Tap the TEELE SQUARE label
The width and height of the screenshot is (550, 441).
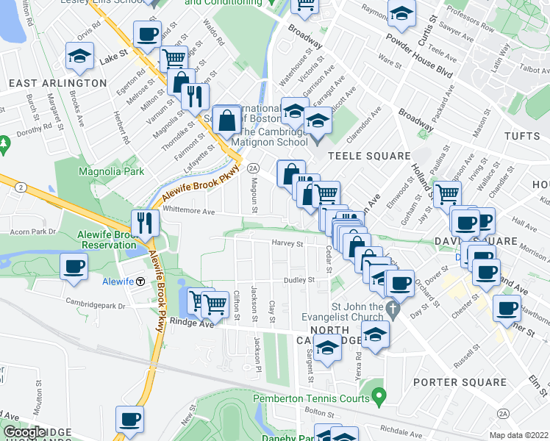[x=368, y=156]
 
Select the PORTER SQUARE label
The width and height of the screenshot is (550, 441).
[x=460, y=382]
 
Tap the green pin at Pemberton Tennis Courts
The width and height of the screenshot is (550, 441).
[x=379, y=398]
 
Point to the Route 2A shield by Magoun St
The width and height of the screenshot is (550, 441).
[x=253, y=168]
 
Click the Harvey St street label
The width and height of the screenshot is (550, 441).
[x=287, y=243]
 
